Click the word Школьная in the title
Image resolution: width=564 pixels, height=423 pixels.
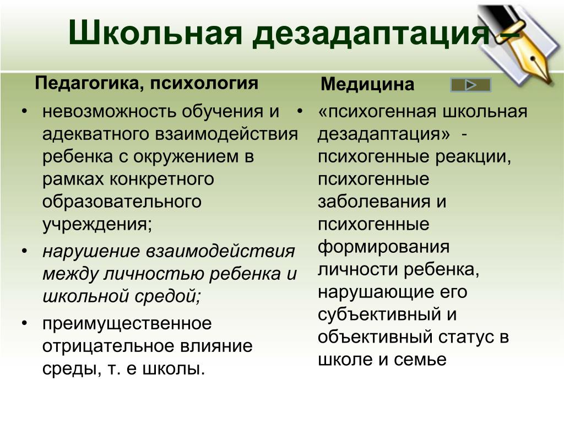click(155, 32)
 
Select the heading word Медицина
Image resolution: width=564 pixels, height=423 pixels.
click(367, 84)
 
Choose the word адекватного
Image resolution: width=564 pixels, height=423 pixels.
click(96, 134)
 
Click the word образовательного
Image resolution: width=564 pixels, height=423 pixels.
click(122, 202)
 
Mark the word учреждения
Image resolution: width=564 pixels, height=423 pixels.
click(95, 225)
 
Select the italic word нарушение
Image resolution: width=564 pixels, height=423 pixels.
click(91, 251)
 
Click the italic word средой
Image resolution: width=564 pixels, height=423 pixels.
click(167, 296)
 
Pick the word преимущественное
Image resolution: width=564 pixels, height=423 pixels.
click(127, 323)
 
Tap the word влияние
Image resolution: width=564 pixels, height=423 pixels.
click(216, 346)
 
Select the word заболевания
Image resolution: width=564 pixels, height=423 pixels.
click(375, 202)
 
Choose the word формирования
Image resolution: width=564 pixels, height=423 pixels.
click(383, 247)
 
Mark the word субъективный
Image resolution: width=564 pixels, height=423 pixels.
click(379, 314)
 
